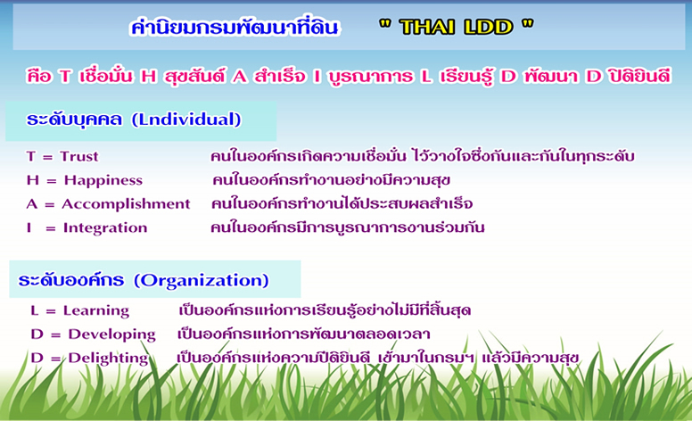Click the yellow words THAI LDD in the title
(x=456, y=28)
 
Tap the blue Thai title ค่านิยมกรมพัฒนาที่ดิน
(x=235, y=27)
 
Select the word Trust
(x=79, y=156)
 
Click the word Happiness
(x=103, y=180)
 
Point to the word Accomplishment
(x=126, y=204)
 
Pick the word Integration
(x=105, y=227)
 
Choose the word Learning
(x=96, y=310)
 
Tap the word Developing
(x=111, y=334)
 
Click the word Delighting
(x=108, y=358)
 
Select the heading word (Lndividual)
(x=186, y=120)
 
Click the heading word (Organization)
(x=202, y=280)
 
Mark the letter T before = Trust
(x=31, y=156)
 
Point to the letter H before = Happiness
(x=33, y=180)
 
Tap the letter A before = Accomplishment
(x=32, y=204)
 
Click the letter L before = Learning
(x=35, y=310)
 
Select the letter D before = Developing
(x=37, y=334)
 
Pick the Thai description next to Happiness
(x=331, y=180)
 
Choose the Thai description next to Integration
(x=347, y=227)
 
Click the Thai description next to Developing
(x=303, y=334)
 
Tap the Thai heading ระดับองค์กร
(x=71, y=280)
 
